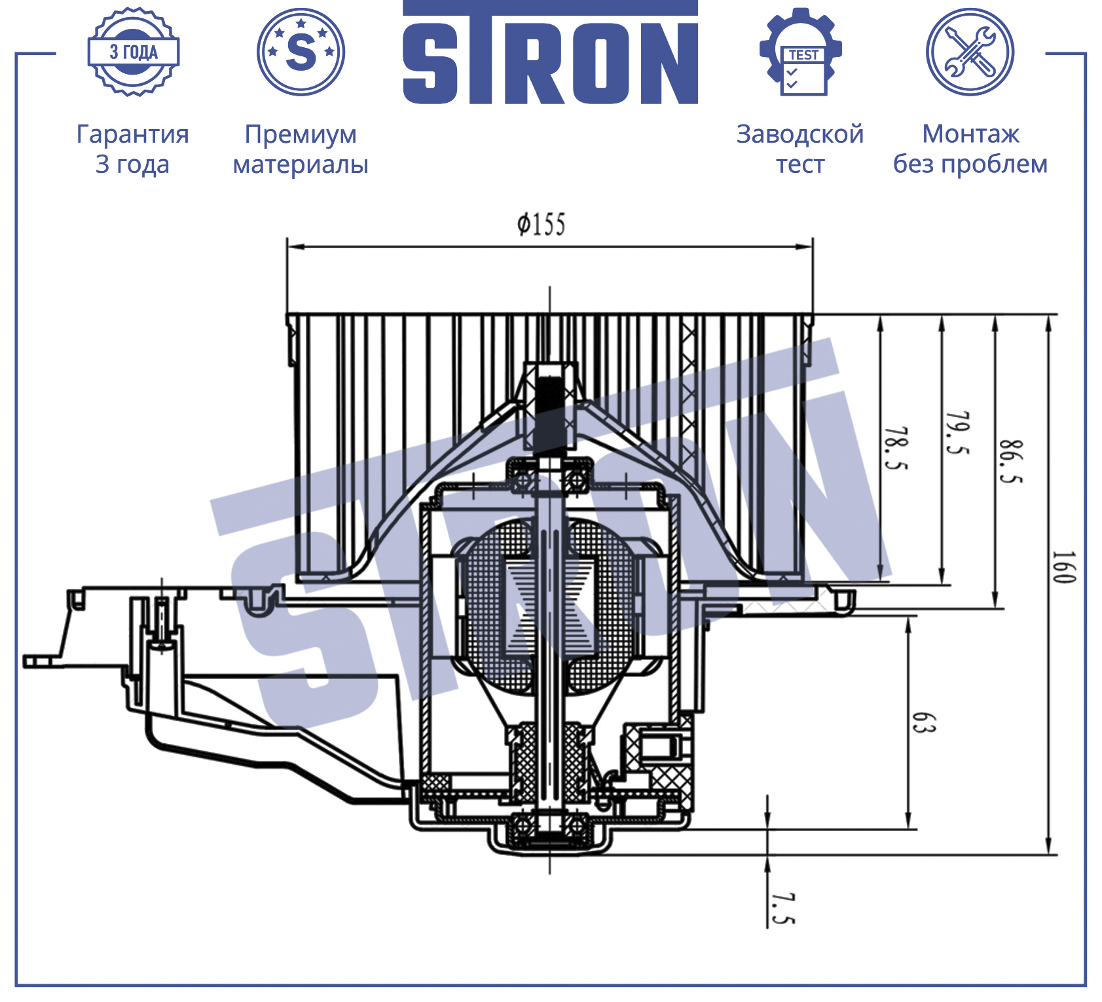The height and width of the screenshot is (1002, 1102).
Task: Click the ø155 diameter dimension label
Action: pyautogui.click(x=541, y=224)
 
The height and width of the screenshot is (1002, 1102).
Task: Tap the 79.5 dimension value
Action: pyautogui.click(x=957, y=434)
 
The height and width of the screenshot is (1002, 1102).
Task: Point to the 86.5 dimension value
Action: pyautogui.click(x=1010, y=462)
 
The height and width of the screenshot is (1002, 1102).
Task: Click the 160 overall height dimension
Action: pyautogui.click(x=1063, y=567)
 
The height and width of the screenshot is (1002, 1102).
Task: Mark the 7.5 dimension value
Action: pyautogui.click(x=782, y=908)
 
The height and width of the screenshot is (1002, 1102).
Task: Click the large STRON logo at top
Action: pyautogui.click(x=550, y=52)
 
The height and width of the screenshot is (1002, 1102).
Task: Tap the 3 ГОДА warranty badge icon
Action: pyautogui.click(x=134, y=52)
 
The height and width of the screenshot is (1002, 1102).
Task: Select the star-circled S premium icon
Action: pyautogui.click(x=301, y=52)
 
